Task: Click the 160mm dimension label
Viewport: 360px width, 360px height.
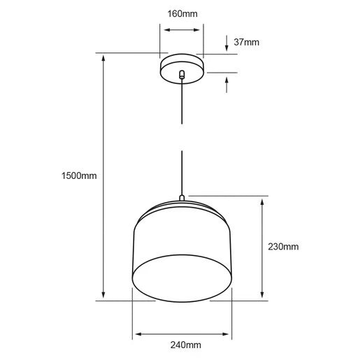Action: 182,14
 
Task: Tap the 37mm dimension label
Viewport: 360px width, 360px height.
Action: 246,42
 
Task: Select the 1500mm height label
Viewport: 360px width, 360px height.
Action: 79,175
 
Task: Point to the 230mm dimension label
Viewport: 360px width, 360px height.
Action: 283,247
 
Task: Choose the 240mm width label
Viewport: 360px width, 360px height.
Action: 186,345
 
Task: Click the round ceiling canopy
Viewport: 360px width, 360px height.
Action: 182,69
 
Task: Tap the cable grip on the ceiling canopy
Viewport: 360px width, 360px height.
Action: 182,74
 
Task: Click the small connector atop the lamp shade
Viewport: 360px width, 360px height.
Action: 182,198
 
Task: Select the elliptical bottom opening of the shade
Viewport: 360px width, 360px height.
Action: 182,278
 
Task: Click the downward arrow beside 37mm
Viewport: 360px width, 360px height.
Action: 226,43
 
